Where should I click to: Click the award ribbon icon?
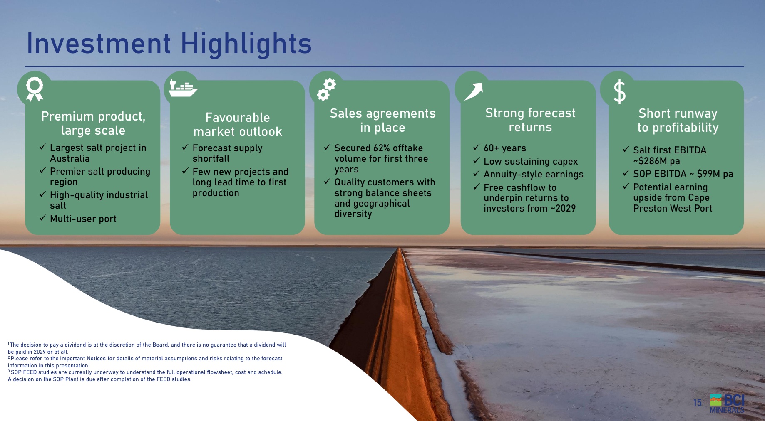click(x=35, y=89)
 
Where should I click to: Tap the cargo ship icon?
click(x=183, y=88)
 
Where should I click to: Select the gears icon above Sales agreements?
click(x=326, y=89)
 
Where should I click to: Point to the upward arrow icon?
click(x=473, y=91)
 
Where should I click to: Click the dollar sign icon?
click(x=620, y=92)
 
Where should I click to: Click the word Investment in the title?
click(x=99, y=43)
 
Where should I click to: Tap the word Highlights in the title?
click(x=246, y=44)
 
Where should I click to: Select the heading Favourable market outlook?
click(x=238, y=124)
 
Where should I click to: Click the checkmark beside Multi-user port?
click(x=42, y=218)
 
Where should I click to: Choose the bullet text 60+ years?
click(x=505, y=148)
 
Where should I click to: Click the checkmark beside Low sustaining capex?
click(x=477, y=160)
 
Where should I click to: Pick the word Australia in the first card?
click(x=70, y=158)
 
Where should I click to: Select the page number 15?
click(x=697, y=403)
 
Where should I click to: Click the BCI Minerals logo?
click(x=727, y=403)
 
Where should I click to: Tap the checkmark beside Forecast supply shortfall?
click(x=185, y=147)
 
